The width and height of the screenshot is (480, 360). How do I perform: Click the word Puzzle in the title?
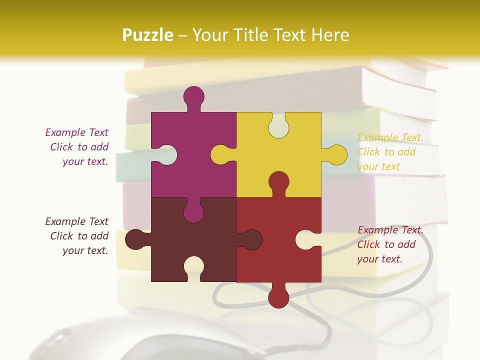(147, 35)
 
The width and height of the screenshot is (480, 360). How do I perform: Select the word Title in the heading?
(273, 35)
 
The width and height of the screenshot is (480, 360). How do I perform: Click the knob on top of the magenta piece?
(193, 97)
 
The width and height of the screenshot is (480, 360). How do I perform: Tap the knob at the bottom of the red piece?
(278, 297)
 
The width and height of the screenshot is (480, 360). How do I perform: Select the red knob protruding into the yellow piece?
(278, 182)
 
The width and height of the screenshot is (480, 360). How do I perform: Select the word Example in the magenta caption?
(64, 132)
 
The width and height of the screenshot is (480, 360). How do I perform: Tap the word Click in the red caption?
(368, 244)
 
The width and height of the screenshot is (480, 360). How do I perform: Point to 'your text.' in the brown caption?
(85, 250)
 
